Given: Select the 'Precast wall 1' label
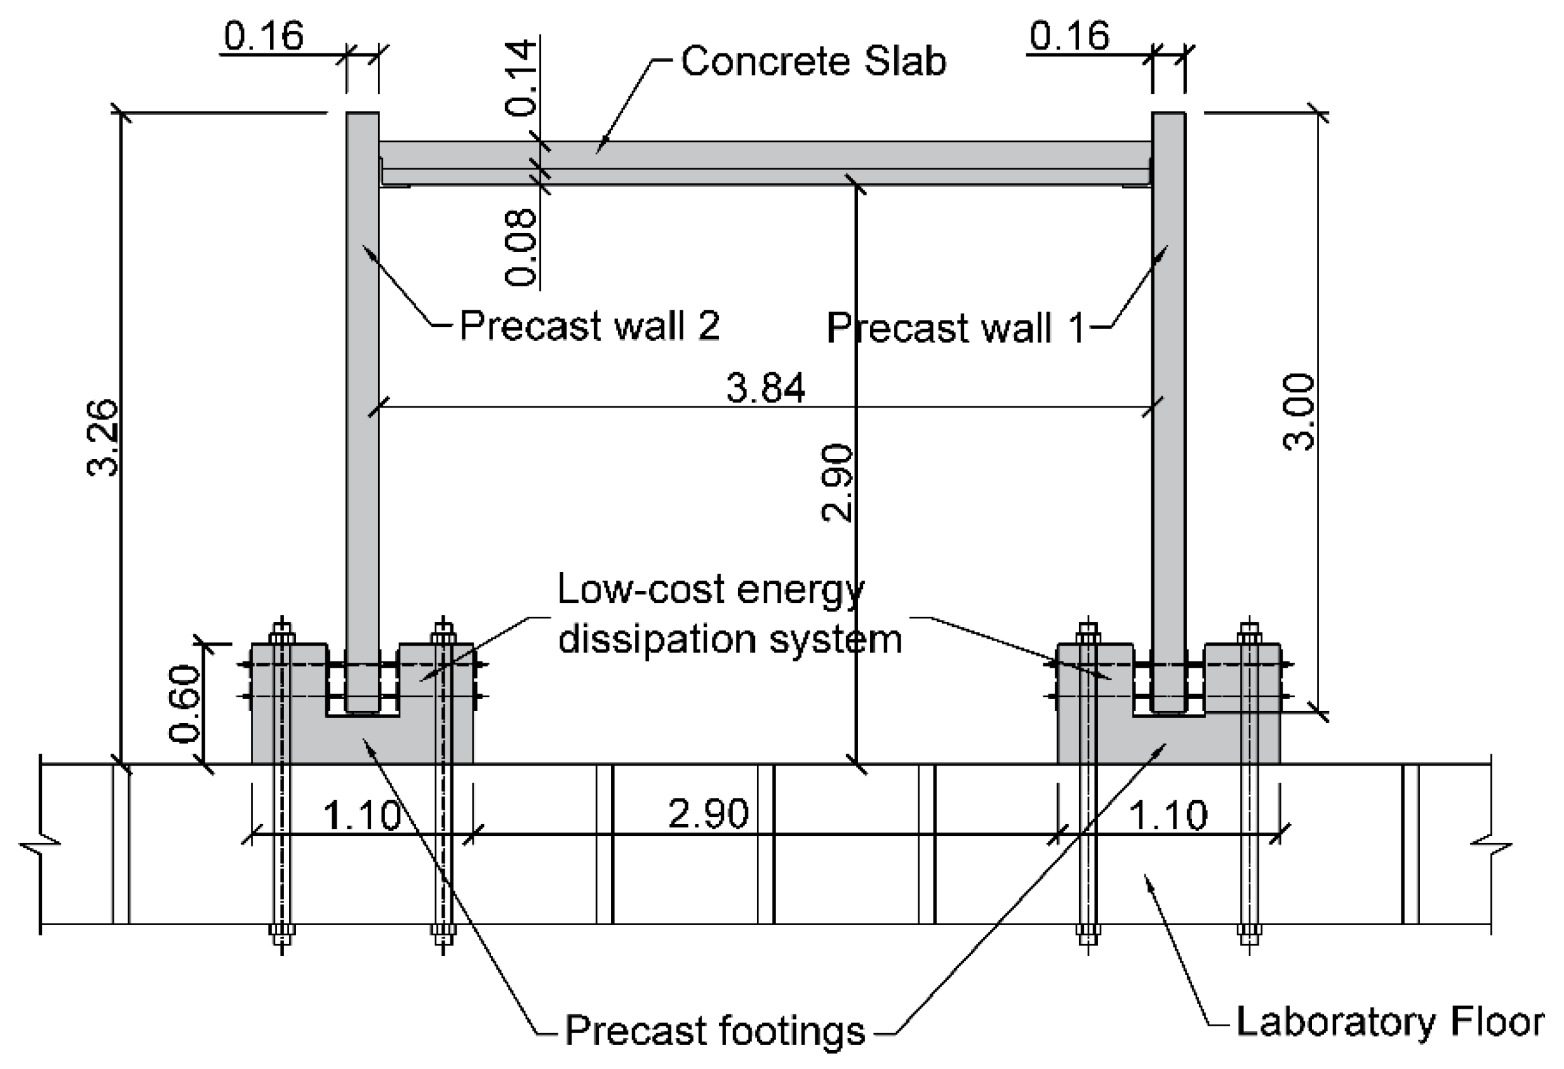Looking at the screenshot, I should coord(955,328).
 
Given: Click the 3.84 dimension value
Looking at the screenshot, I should coord(765,388).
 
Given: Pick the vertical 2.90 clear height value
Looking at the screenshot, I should coord(837,482).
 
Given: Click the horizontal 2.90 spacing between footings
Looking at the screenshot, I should coord(708,813).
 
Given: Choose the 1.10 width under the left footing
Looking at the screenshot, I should coord(362,815).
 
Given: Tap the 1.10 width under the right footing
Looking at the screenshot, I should coord(1168,815).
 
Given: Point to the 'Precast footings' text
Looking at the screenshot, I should coord(715,1030).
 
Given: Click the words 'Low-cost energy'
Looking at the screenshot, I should coord(710,589).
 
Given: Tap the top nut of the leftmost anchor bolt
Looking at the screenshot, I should coord(282,634).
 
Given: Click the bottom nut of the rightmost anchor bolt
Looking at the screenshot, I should coord(1249,931).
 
